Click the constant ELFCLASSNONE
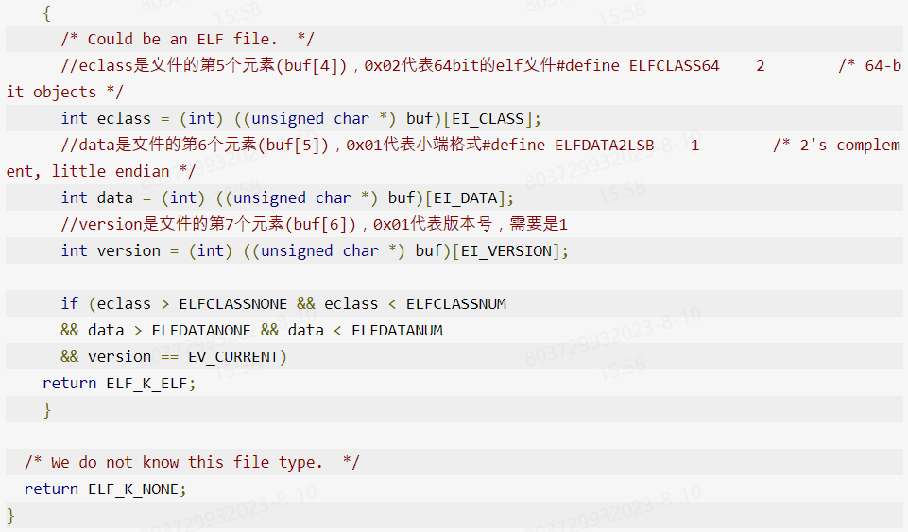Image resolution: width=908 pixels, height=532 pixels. click(x=232, y=303)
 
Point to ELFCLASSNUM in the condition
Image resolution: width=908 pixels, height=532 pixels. click(x=456, y=303)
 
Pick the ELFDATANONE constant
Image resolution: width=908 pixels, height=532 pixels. click(x=201, y=330)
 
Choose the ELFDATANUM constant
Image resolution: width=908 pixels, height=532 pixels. click(x=397, y=330)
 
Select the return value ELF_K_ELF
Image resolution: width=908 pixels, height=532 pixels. click(x=150, y=383)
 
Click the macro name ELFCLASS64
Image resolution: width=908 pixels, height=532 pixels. click(x=674, y=65)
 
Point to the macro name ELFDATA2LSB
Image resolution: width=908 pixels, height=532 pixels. click(x=603, y=145)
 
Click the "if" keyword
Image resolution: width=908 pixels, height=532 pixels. click(x=70, y=303)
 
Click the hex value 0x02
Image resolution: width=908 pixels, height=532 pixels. click(x=383, y=65)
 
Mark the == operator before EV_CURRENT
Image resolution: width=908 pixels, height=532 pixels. click(x=169, y=356)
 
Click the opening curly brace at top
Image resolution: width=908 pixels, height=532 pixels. click(x=47, y=13)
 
